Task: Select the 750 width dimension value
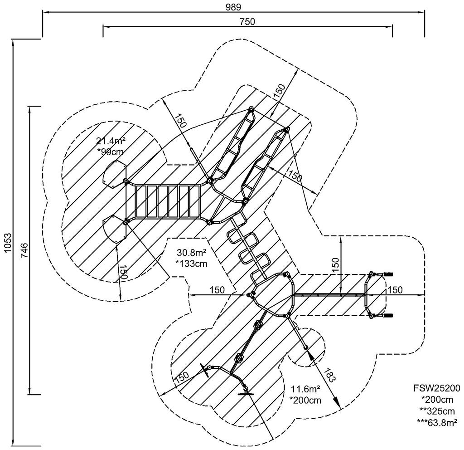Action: [247, 21]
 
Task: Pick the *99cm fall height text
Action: [111, 152]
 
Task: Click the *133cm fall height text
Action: [192, 263]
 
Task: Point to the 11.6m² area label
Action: [306, 389]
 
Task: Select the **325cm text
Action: [436, 411]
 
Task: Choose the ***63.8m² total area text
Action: [436, 422]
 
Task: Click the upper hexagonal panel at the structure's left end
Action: [115, 174]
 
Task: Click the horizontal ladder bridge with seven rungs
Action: [168, 201]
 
